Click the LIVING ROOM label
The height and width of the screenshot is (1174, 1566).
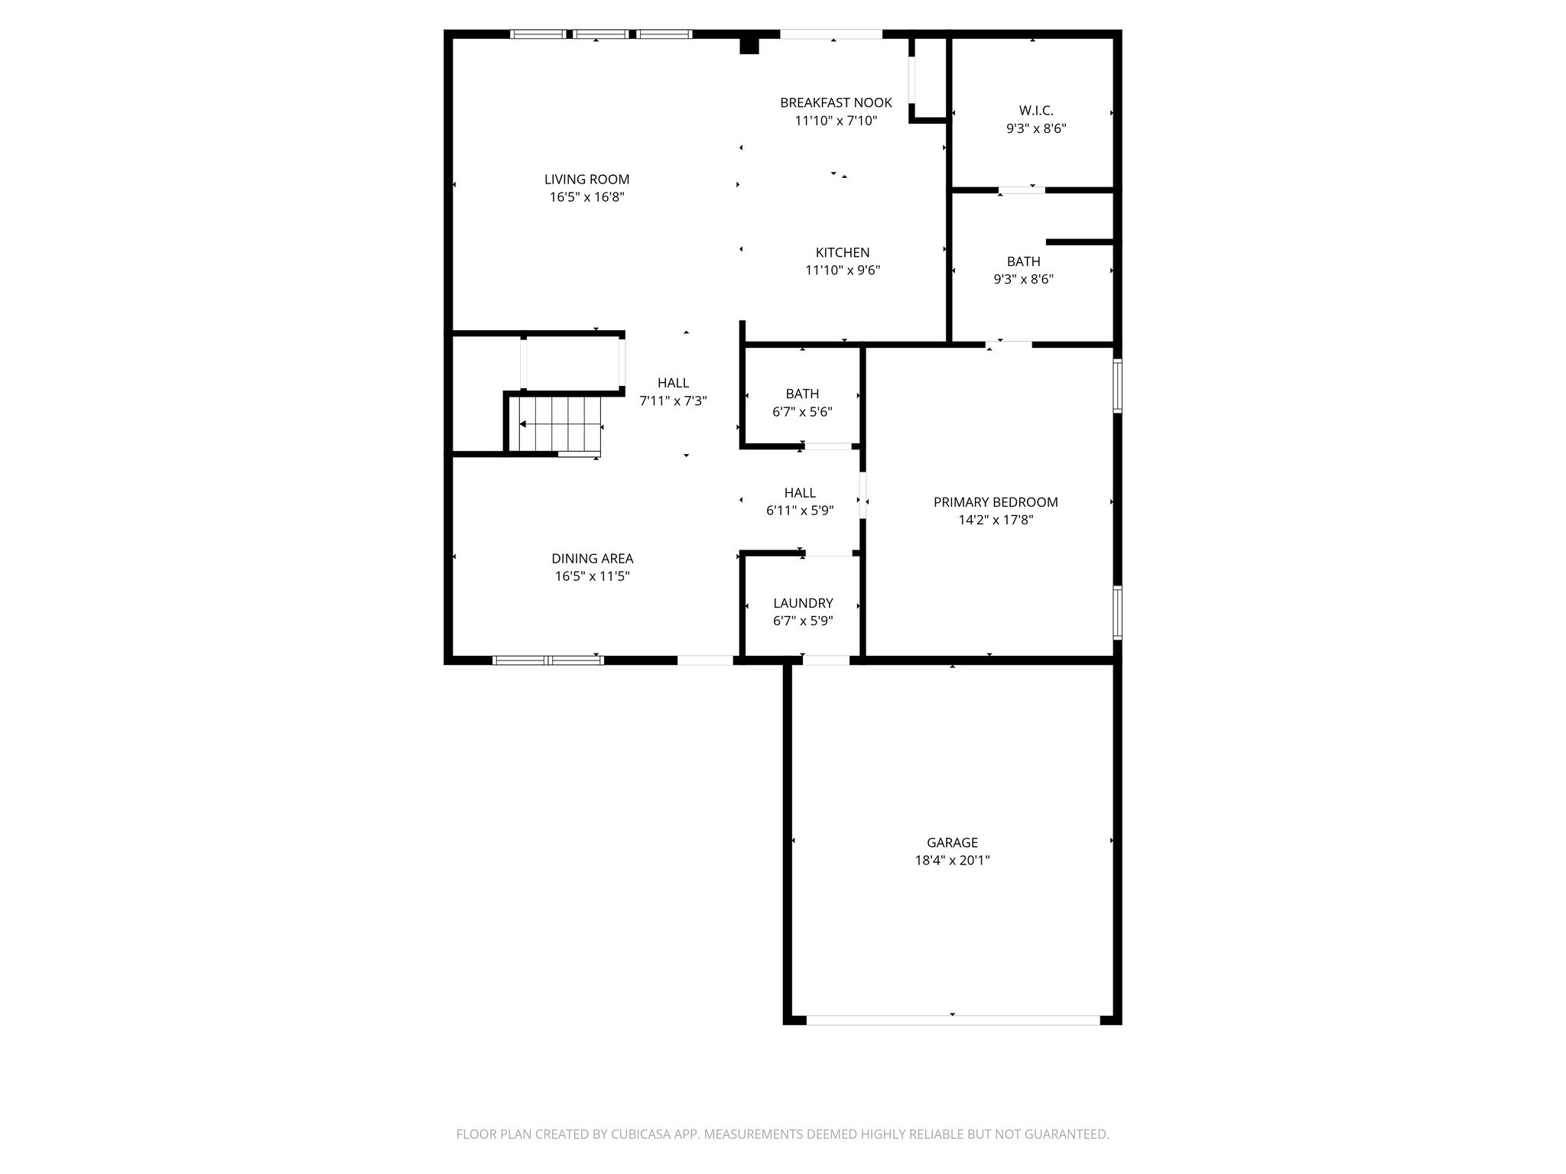[x=586, y=180]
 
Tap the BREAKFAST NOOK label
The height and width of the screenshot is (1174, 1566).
[x=836, y=103]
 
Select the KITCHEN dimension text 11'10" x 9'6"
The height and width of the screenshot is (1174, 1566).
[x=843, y=270]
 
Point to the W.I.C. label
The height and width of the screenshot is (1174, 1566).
[x=1036, y=112]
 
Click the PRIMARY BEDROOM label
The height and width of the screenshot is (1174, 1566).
[x=996, y=502]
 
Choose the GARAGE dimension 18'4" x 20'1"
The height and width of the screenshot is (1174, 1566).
[x=952, y=860]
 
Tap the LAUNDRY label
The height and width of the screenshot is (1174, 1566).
[x=803, y=603]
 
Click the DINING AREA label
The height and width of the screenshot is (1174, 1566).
[x=593, y=559]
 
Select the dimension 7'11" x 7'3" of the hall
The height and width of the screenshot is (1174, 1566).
[x=673, y=401]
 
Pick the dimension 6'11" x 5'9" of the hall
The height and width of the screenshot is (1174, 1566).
[x=800, y=511]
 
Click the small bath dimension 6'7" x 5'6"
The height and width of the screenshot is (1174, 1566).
[x=802, y=411]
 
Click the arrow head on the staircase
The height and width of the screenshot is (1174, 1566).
[x=523, y=424]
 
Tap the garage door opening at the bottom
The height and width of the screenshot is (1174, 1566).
[x=953, y=1020]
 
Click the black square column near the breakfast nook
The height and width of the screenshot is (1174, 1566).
[x=749, y=46]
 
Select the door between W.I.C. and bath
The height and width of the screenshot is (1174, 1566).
[x=1022, y=190]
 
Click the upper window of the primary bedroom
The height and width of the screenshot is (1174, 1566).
[x=1117, y=386]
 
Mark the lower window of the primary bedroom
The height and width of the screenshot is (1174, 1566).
[x=1117, y=611]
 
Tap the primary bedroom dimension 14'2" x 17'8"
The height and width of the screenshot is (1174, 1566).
[x=996, y=520]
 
